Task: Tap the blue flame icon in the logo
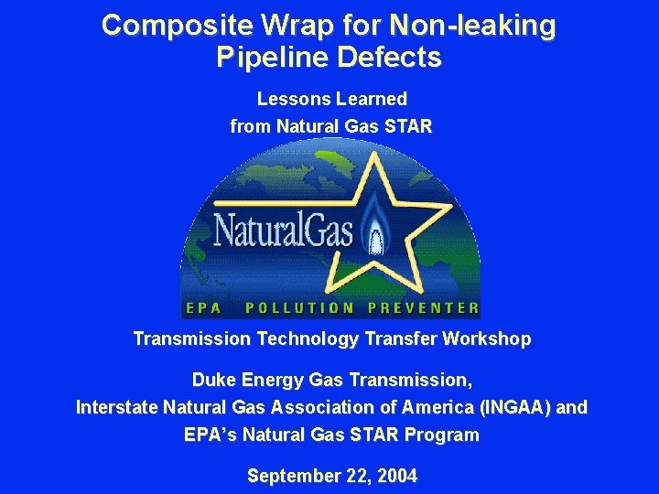[x=373, y=232]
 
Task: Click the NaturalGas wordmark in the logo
[x=283, y=230]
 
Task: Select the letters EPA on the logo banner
[x=203, y=308]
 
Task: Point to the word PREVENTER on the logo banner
[x=423, y=308]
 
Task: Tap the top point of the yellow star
[x=374, y=154]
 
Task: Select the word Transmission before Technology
[x=191, y=339]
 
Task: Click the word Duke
[x=211, y=379]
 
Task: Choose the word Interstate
[x=113, y=407]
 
